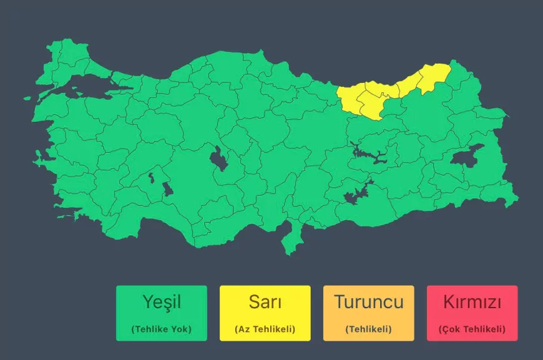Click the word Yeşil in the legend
161,302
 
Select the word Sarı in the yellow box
265,302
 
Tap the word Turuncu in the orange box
368,302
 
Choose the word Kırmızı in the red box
472,302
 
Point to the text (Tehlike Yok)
161,329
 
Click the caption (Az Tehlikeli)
265,329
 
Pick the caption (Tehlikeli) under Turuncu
368,329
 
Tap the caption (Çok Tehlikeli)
472,329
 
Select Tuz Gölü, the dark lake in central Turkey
219,160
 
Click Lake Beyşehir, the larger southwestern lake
168,189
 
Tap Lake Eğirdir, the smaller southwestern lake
151,178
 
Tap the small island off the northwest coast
27,98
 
